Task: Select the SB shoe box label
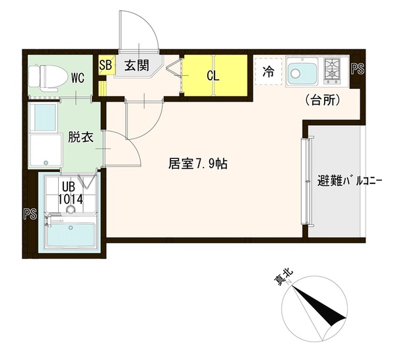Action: click(x=106, y=65)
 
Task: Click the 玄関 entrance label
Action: click(x=136, y=65)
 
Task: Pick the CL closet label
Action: click(x=212, y=75)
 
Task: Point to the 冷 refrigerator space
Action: click(x=269, y=72)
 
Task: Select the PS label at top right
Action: click(x=358, y=67)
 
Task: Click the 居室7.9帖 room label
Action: click(x=198, y=164)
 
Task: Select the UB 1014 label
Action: click(x=69, y=193)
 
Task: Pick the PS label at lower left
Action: click(x=28, y=213)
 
